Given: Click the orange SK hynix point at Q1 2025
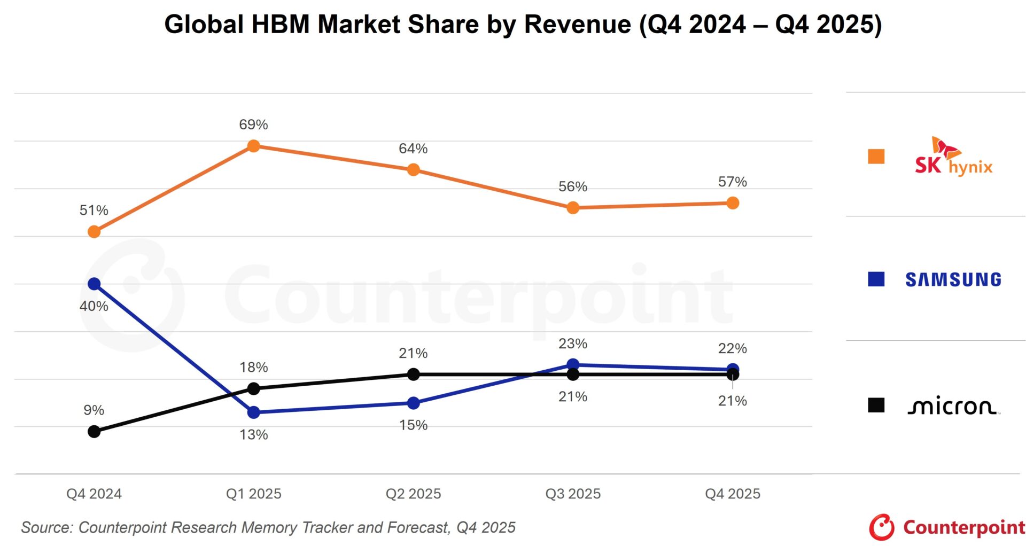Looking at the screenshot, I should [x=254, y=146].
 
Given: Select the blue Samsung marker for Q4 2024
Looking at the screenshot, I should [x=94, y=284].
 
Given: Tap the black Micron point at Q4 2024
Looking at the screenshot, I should [x=94, y=431].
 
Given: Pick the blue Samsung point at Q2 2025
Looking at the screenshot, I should [x=413, y=403].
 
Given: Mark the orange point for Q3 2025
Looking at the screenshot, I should [x=573, y=208].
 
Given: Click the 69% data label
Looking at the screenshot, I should [x=253, y=124].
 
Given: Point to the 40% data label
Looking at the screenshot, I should [x=94, y=306].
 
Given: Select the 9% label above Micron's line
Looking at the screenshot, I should [x=94, y=410].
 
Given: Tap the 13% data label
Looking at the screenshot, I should [x=253, y=434].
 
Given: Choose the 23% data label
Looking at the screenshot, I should [x=573, y=344].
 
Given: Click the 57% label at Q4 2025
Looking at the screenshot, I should [x=732, y=182].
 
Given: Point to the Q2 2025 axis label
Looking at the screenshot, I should [x=413, y=494].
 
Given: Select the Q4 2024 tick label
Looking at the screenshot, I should [x=94, y=494].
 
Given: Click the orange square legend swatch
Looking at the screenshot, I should [x=876, y=157].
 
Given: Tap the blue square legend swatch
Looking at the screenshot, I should [x=876, y=279].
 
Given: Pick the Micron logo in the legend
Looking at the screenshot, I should [x=953, y=407].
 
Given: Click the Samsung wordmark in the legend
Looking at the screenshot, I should [x=953, y=279].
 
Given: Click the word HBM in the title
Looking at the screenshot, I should [x=281, y=25].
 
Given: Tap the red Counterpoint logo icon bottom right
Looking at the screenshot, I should [x=882, y=527].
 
